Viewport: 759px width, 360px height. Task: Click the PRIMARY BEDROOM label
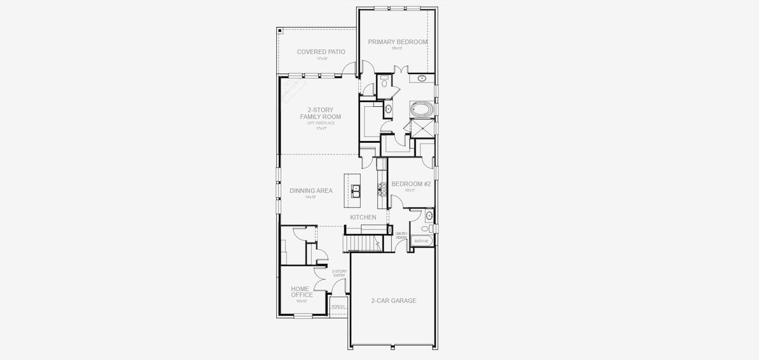tap(397, 42)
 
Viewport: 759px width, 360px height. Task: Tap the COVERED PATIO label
tap(321, 52)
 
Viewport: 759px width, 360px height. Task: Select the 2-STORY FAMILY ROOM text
tap(320, 113)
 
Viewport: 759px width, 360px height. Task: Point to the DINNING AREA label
tap(311, 191)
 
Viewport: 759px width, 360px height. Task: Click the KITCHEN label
tap(363, 218)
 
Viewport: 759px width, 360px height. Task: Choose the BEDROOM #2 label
tap(410, 184)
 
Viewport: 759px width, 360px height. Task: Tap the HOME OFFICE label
tap(302, 292)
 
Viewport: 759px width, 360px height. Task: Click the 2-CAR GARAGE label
tap(393, 301)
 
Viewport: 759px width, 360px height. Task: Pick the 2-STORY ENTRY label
tap(339, 273)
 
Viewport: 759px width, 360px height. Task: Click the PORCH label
tap(338, 307)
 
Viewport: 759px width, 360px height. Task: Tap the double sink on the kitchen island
tap(356, 190)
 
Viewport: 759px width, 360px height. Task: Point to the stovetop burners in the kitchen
tap(382, 189)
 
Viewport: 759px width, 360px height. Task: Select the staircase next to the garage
tap(362, 243)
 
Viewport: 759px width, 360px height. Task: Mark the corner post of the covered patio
tap(280, 30)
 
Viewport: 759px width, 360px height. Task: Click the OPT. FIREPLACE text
tap(321, 123)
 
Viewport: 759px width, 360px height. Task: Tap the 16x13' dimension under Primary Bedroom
tap(397, 49)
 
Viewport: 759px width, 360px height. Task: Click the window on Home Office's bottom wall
tap(303, 316)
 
